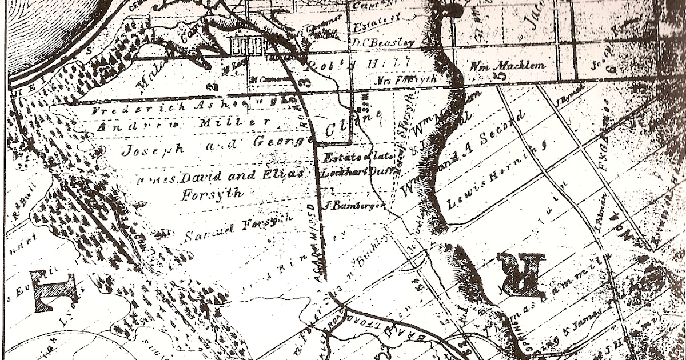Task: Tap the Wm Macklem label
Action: [x=507, y=65]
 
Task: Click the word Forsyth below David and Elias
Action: [x=212, y=194]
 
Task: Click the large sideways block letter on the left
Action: [x=54, y=291]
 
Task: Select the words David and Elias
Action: [x=240, y=176]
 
